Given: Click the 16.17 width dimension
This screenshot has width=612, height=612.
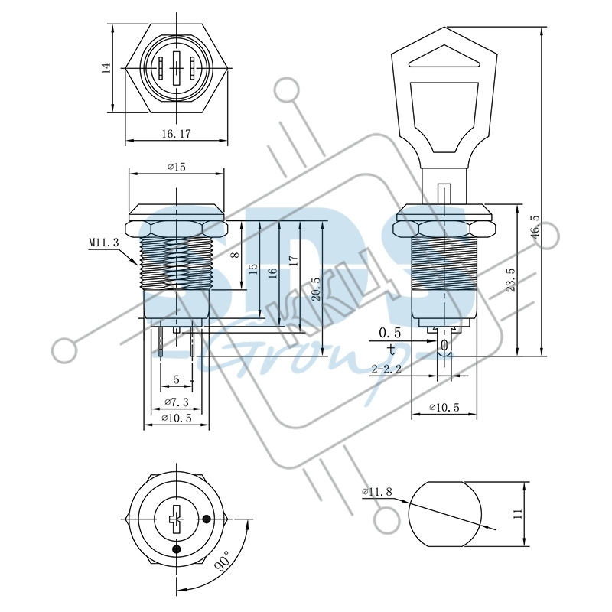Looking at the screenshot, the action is click(x=177, y=133).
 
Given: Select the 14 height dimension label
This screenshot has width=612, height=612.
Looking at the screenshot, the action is click(x=106, y=68).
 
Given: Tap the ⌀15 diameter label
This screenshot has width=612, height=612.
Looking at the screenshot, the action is click(x=177, y=167).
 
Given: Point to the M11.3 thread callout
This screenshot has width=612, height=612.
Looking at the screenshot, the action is click(x=103, y=243).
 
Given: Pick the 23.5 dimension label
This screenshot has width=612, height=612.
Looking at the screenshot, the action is click(x=511, y=280).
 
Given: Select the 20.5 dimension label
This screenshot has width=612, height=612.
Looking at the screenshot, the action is click(x=316, y=289).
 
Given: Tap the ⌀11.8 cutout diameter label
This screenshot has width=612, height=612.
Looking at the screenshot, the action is click(x=376, y=491).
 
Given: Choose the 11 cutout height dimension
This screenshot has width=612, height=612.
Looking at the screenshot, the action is click(x=518, y=513).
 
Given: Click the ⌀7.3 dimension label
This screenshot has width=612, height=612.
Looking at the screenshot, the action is click(x=177, y=401).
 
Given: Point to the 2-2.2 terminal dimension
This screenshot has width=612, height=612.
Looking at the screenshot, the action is click(x=386, y=369).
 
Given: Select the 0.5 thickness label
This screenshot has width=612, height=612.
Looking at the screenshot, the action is click(x=390, y=333).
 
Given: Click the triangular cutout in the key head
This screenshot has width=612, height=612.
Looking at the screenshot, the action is click(x=444, y=58).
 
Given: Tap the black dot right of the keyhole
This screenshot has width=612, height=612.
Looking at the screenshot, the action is click(x=207, y=519).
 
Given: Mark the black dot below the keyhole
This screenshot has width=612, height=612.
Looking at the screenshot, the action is click(x=177, y=549).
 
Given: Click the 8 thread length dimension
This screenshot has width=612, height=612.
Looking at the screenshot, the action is click(x=235, y=255).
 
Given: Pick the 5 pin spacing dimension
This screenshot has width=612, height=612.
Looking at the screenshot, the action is click(x=177, y=379).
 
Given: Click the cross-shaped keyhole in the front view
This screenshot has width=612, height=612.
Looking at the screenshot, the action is click(x=177, y=519).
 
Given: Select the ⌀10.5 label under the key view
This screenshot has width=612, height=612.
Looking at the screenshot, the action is click(x=444, y=407).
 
